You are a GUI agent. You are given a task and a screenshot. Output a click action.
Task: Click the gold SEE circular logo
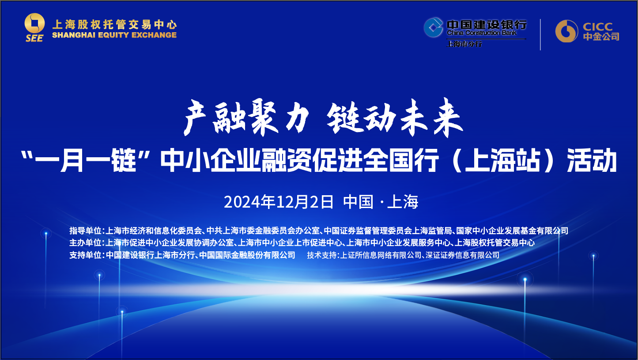click(34, 23)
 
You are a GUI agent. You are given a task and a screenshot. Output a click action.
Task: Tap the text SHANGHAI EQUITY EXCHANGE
click(114, 35)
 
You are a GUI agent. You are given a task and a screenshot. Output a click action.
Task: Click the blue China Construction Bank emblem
click(433, 27)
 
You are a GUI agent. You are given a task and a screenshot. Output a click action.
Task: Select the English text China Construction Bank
click(482, 33)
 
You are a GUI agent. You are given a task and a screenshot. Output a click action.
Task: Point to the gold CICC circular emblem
click(566, 31)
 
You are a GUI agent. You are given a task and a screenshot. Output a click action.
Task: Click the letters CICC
click(597, 27)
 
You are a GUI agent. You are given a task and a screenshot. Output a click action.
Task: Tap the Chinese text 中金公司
click(601, 37)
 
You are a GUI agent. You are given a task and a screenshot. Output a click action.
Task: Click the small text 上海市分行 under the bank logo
click(464, 44)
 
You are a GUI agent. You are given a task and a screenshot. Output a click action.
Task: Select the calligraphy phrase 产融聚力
click(246, 117)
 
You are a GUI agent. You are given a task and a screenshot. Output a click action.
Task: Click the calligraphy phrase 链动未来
click(395, 117)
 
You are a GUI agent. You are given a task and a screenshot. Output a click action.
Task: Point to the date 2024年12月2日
click(279, 202)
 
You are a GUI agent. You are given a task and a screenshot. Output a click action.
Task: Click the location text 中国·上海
click(381, 202)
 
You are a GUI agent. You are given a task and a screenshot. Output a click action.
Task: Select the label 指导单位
click(86, 231)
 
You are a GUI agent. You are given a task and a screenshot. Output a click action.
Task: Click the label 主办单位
click(86, 243)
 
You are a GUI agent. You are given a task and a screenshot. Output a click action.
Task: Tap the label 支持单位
click(86, 255)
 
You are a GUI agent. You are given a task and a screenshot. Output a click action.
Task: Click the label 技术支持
click(322, 255)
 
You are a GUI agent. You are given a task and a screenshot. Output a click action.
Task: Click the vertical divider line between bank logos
click(540, 34)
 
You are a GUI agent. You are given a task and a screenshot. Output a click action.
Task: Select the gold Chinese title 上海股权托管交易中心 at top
click(114, 24)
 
